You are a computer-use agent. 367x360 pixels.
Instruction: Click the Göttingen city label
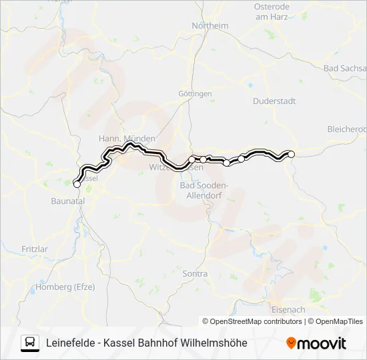point(195,94)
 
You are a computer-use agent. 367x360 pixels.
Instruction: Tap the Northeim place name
point(210,25)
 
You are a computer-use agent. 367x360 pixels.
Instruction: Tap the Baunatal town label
point(67,200)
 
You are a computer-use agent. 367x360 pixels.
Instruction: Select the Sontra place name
point(195,273)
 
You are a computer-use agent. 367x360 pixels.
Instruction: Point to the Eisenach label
point(288,309)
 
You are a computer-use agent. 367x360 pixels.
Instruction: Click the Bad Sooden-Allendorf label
point(205,189)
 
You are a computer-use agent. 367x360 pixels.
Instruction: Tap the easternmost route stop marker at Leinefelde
point(291,154)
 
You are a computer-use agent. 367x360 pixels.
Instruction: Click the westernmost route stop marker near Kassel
point(76,184)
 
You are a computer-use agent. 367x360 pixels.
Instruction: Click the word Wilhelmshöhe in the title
point(215,343)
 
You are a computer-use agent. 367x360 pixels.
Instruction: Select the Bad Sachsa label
point(345,69)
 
